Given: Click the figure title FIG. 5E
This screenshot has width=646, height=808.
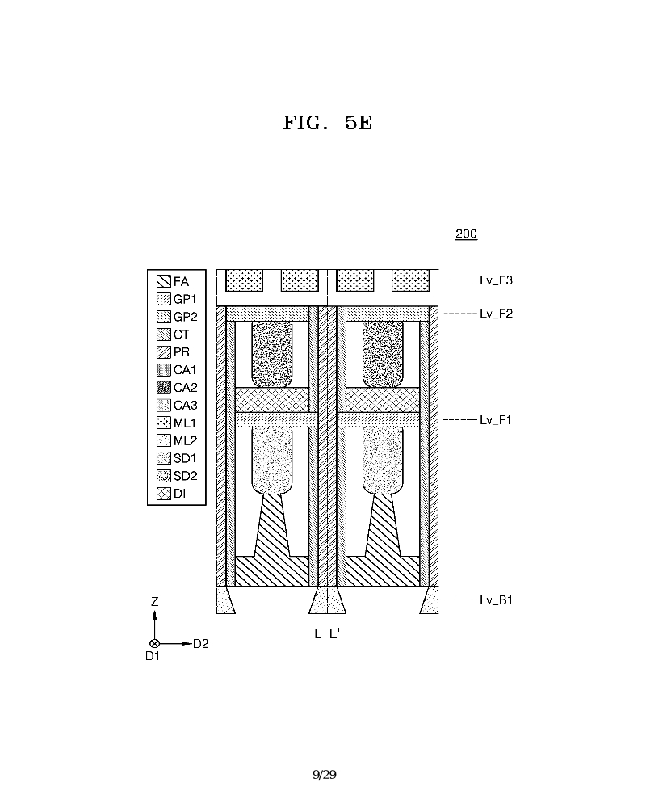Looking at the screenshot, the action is [328, 123].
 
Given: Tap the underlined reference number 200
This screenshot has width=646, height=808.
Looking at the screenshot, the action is [466, 234].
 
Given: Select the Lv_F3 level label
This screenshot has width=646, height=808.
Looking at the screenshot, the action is [496, 280].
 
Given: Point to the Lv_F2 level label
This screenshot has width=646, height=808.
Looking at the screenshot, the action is [496, 314].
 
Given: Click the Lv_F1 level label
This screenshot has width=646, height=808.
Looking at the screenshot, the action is [495, 420].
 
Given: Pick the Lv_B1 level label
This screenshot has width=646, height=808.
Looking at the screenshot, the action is [496, 600].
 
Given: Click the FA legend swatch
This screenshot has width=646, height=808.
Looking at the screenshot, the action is [164, 281].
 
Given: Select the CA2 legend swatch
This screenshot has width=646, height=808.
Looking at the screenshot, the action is [164, 388].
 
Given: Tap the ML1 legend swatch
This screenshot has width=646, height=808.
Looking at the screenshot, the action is [164, 423].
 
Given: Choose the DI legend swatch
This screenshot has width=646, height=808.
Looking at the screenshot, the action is [164, 493].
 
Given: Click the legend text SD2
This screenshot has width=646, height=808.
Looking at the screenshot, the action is [185, 476].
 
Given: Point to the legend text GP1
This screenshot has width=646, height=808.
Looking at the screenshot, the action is [184, 299].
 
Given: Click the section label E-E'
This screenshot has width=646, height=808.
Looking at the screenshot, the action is [327, 633].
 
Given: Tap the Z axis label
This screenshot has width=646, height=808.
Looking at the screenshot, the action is [154, 601].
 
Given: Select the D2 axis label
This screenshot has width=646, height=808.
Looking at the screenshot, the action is [200, 644].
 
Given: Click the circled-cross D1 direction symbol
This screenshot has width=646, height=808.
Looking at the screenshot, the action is [154, 644].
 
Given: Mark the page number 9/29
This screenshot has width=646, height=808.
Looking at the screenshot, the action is [325, 775].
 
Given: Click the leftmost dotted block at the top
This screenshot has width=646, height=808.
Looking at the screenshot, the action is [244, 280].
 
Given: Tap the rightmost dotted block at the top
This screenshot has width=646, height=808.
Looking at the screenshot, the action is [410, 280].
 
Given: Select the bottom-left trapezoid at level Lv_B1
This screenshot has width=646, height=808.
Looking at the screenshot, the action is [224, 600].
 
